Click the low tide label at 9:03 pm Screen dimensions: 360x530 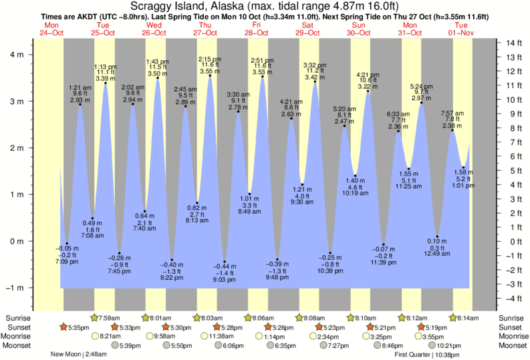225,274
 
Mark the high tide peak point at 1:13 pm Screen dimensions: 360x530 106,83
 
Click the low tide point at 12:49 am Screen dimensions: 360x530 437,236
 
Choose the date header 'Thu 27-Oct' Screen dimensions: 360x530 206,29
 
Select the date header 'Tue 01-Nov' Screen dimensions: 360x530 461,29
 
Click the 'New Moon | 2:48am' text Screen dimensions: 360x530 79,355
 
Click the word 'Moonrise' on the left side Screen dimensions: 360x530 19,337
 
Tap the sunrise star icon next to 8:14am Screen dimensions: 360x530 454,317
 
